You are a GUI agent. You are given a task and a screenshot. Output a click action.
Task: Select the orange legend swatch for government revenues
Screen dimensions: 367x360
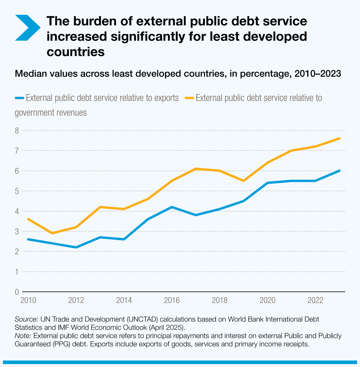click(189, 98)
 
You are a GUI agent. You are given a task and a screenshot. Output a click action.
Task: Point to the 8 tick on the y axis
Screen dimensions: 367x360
click(17, 130)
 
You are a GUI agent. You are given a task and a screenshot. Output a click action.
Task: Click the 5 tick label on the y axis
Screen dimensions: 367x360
click(17, 191)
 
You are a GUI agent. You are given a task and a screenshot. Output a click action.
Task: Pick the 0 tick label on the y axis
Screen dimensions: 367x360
click(17, 292)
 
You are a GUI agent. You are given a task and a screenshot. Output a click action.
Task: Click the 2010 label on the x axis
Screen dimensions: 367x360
click(28, 300)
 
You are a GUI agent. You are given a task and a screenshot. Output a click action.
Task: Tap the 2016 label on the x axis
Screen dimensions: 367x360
click(172, 300)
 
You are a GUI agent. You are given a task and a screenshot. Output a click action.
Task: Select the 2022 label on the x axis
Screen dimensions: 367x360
click(315, 300)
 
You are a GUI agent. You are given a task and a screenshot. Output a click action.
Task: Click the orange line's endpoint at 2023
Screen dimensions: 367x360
click(339, 138)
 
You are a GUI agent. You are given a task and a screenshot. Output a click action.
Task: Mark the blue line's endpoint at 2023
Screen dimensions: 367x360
click(339, 171)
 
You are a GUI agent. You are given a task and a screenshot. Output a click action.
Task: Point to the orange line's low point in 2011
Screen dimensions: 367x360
click(52, 233)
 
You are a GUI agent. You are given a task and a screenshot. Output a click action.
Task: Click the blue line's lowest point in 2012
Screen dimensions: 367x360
click(76, 247)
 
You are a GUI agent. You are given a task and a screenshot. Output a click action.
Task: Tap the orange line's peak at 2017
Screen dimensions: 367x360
click(196, 169)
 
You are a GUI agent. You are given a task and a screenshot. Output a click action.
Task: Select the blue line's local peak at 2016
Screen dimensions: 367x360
click(172, 207)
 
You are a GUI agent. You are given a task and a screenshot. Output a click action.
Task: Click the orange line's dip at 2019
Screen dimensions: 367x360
click(243, 181)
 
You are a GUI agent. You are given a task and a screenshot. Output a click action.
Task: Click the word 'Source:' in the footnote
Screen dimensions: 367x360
click(26, 319)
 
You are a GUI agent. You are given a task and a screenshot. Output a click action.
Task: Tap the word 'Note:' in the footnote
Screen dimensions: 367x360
click(23, 336)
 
